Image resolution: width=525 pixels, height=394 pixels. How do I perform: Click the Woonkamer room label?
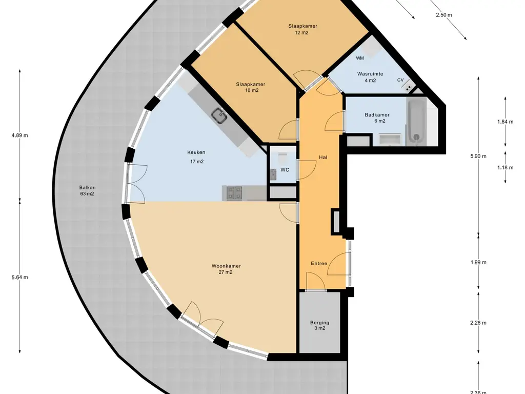pyautogui.click(x=226, y=266)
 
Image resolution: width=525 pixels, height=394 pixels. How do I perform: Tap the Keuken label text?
pyautogui.click(x=196, y=152)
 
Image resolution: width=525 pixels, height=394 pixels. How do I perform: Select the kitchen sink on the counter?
pyautogui.click(x=219, y=115)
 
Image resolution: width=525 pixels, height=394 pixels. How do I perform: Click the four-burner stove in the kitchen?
pyautogui.click(x=234, y=193)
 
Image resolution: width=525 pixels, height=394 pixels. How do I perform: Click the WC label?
pyautogui.click(x=285, y=170)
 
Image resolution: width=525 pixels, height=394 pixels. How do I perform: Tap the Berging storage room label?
pyautogui.click(x=320, y=323)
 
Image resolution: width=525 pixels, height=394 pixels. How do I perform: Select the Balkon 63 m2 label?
pyautogui.click(x=87, y=191)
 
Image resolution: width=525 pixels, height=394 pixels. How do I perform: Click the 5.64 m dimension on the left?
pyautogui.click(x=20, y=278)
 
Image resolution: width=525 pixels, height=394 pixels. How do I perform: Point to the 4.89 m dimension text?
pyautogui.click(x=20, y=135)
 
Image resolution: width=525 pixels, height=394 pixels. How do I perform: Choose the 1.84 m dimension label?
pyautogui.click(x=505, y=122)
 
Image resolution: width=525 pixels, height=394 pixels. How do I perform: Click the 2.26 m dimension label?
pyautogui.click(x=478, y=323)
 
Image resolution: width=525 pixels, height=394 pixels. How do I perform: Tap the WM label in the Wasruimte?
pyautogui.click(x=360, y=58)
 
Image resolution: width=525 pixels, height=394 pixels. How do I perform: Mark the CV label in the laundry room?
pyautogui.click(x=400, y=80)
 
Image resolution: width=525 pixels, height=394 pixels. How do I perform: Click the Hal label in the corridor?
pyautogui.click(x=323, y=157)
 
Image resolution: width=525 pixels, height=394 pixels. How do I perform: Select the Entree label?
pyautogui.click(x=319, y=263)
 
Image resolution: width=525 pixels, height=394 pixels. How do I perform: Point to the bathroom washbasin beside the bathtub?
pyautogui.click(x=390, y=140)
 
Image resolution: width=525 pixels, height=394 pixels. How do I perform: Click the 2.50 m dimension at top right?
pyautogui.click(x=443, y=15)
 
